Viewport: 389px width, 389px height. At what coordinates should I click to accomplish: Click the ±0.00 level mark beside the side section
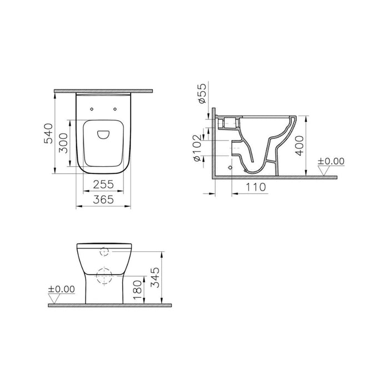[331, 161]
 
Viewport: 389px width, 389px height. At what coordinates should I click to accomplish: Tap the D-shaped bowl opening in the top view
[103, 134]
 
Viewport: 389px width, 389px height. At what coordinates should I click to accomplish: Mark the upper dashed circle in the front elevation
[104, 252]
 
